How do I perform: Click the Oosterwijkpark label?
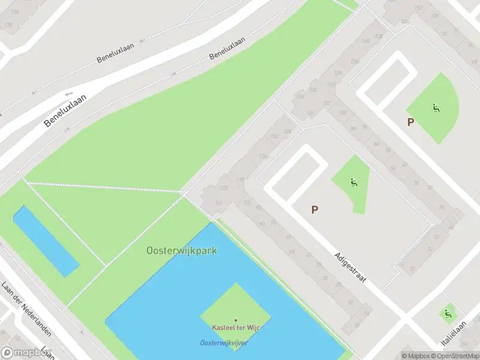click(x=182, y=250)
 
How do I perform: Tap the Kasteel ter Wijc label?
click(x=235, y=328)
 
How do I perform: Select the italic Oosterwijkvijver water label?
click(x=223, y=343)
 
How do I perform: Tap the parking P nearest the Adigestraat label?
click(x=314, y=209)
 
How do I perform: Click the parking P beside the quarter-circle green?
click(x=410, y=122)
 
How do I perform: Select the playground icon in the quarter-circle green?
click(x=436, y=109)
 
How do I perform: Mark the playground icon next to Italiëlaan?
click(x=447, y=314)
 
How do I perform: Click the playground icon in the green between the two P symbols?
click(x=354, y=182)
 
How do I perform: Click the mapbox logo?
click(x=25, y=353)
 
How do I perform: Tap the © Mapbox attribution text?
click(x=416, y=356)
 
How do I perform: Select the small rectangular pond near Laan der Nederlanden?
click(x=46, y=241)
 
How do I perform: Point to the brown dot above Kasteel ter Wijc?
click(x=235, y=320)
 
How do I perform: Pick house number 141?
click(x=219, y=204)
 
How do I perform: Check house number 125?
click(x=224, y=188)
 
